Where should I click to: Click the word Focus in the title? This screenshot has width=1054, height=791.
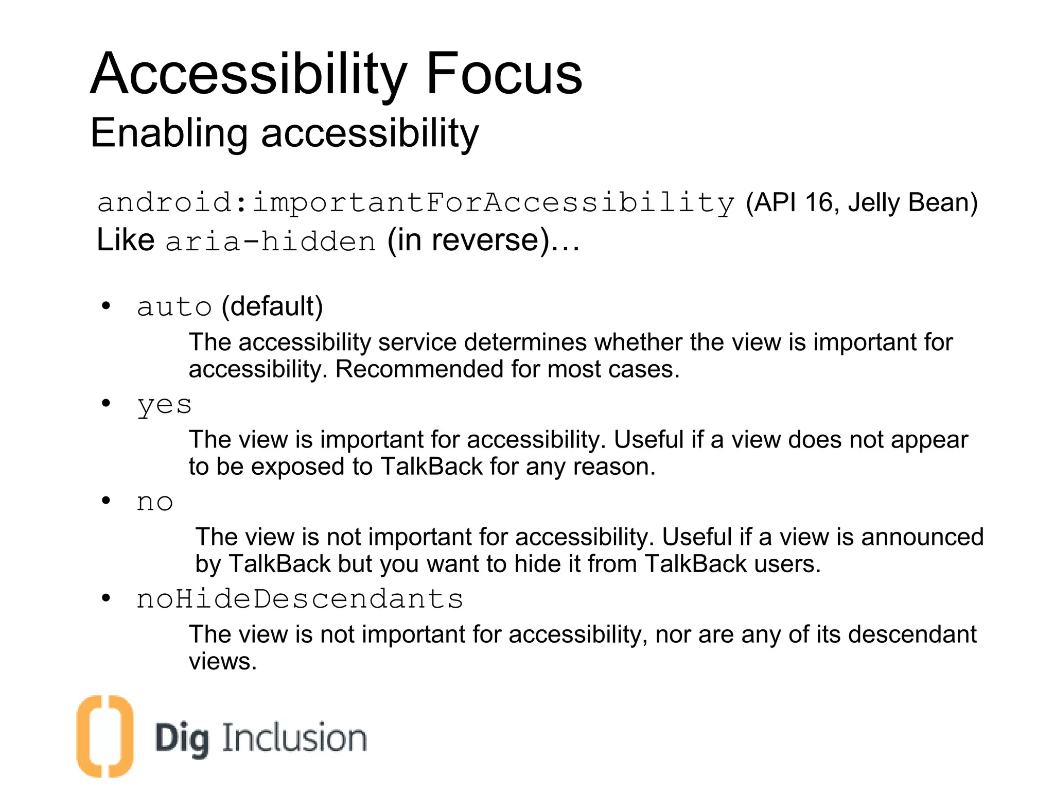[504, 75]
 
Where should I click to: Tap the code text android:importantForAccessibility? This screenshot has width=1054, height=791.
[416, 202]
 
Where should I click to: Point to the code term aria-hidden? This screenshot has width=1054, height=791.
[271, 241]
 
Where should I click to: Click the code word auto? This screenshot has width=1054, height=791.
[174, 307]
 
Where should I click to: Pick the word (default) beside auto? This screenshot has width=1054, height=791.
[272, 307]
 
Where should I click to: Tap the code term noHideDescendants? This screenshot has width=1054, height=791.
[300, 599]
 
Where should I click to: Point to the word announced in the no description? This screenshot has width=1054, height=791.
[922, 537]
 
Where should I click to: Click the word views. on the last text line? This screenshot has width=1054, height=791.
[222, 661]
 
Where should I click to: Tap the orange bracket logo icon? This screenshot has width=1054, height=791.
[105, 735]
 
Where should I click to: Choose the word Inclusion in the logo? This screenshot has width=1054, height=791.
[294, 738]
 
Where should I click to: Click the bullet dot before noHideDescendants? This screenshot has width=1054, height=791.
[106, 598]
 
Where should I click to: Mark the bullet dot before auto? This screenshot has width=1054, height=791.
[106, 306]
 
